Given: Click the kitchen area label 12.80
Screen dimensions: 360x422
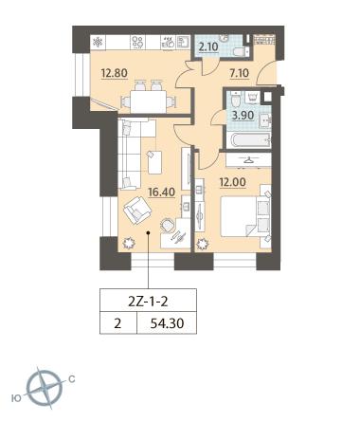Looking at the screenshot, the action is click(x=114, y=73).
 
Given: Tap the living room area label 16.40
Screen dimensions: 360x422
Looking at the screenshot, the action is click(x=161, y=192).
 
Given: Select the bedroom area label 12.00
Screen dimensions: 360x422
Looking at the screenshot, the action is click(x=233, y=182).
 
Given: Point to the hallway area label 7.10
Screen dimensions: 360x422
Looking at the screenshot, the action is click(x=240, y=73).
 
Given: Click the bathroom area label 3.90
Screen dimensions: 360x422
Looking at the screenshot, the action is click(x=243, y=116).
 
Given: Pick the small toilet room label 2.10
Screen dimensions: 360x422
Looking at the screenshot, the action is click(x=208, y=47).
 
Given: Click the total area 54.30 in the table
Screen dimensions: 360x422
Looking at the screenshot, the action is click(x=167, y=323).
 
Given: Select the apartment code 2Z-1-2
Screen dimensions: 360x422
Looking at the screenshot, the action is click(x=148, y=302).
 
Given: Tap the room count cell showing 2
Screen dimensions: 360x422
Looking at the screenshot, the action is click(x=117, y=323).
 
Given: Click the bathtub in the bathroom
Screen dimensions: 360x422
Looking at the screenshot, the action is click(x=251, y=139).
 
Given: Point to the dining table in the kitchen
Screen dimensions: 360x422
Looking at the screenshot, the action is click(x=149, y=101).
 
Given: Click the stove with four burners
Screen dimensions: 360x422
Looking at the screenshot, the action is click(x=137, y=43).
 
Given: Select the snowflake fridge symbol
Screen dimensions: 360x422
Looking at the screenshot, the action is click(x=98, y=42).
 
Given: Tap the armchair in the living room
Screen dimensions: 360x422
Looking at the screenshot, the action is click(x=137, y=211).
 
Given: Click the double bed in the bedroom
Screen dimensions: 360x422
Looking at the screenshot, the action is click(x=245, y=216).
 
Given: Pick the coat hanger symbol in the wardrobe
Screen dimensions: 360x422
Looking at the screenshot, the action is click(x=249, y=160).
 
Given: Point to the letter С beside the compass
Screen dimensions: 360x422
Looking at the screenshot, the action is click(x=72, y=378).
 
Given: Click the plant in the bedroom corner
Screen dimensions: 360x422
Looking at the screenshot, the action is click(x=203, y=245).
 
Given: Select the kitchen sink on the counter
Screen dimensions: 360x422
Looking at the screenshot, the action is click(x=183, y=43).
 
